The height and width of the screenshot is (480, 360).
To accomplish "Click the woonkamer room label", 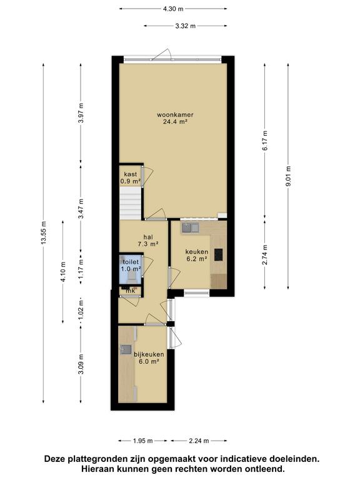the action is pyautogui.click(x=175, y=115).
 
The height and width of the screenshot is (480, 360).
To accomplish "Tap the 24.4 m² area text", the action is pyautogui.click(x=176, y=122).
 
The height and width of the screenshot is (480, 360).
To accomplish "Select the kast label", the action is pyautogui.click(x=131, y=174).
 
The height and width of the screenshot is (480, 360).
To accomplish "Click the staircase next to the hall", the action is pyautogui.click(x=130, y=203).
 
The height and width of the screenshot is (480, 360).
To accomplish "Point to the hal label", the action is pyautogui.click(x=148, y=237).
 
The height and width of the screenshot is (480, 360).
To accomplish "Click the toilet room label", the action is pyautogui.click(x=131, y=262).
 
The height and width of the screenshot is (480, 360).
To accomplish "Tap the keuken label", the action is pyautogui.click(x=197, y=252).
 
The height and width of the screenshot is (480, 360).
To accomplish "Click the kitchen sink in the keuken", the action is pyautogui.click(x=191, y=227).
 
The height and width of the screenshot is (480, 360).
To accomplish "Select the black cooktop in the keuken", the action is pyautogui.click(x=218, y=255).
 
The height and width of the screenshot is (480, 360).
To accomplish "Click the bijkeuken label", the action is pyautogui.click(x=149, y=354).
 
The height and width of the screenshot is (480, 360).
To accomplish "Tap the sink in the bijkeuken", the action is pyautogui.click(x=126, y=349).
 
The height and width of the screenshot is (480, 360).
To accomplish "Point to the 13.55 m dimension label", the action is pyautogui.click(x=43, y=232).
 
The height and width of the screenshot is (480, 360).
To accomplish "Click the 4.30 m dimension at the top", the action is pyautogui.click(x=173, y=9).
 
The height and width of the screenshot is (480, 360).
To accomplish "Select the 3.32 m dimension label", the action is pyautogui.click(x=186, y=26).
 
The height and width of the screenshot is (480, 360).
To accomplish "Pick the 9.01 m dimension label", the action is pyautogui.click(x=288, y=176).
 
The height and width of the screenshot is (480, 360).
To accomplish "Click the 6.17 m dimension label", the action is pyautogui.click(x=265, y=141).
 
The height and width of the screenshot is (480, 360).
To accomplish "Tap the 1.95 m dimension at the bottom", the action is pyautogui.click(x=143, y=441).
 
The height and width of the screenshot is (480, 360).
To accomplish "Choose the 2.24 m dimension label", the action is pyautogui.click(x=199, y=441).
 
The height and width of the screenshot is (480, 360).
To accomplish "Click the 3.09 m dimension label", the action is pyautogui.click(x=81, y=364).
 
